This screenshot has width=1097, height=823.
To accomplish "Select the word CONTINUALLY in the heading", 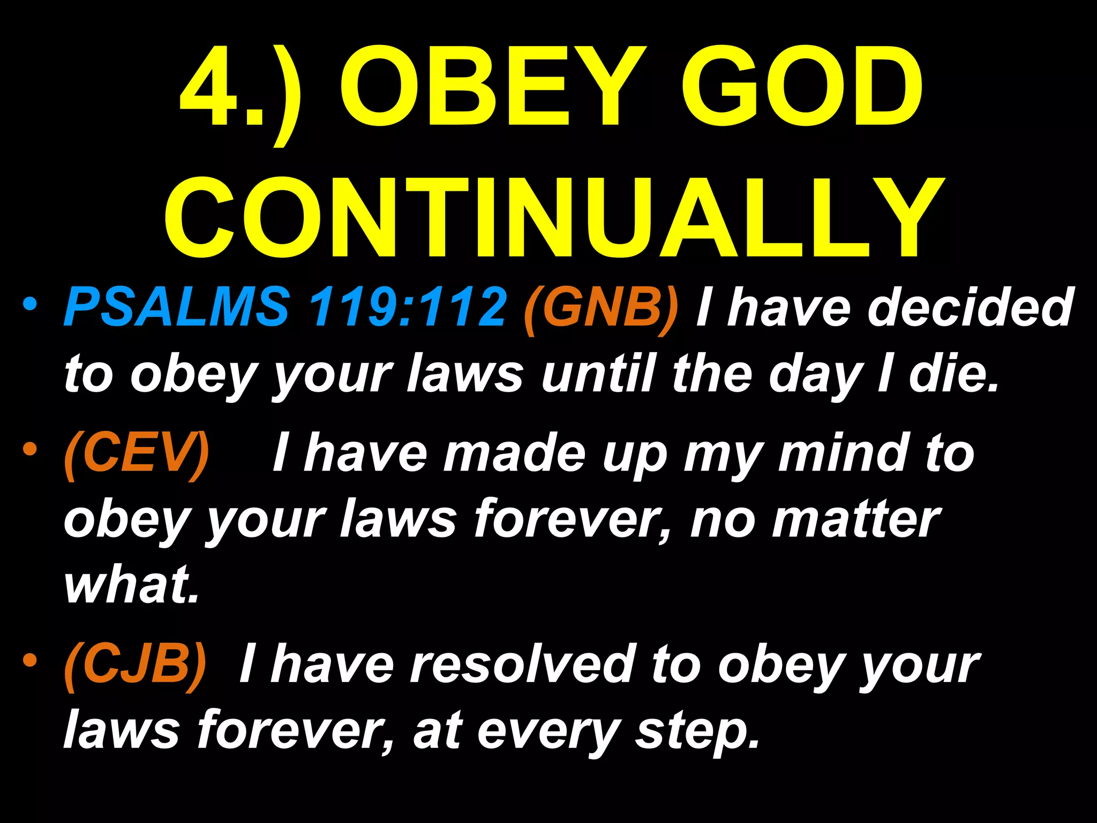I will [x=554, y=218].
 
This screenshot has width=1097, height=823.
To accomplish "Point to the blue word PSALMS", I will [x=177, y=307].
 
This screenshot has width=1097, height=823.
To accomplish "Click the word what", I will [x=131, y=584].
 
